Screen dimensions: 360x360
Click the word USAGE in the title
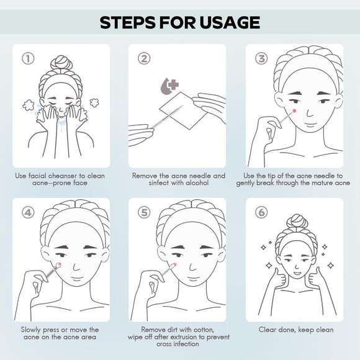[230, 22]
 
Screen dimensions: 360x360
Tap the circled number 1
[28, 58]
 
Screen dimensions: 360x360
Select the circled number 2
[144, 58]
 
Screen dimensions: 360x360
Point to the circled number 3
[261, 58]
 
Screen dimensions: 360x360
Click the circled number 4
[28, 212]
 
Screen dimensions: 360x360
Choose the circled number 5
[144, 212]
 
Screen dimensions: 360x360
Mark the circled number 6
[261, 212]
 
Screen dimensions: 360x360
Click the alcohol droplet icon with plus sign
[169, 86]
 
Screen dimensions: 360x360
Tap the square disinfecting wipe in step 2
[184, 110]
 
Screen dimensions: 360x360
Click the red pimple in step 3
[294, 111]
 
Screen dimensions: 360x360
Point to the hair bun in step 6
[297, 221]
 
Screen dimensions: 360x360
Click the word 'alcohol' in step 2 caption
[197, 183]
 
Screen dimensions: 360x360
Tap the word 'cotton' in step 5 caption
[203, 330]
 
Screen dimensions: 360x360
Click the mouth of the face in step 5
[192, 278]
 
